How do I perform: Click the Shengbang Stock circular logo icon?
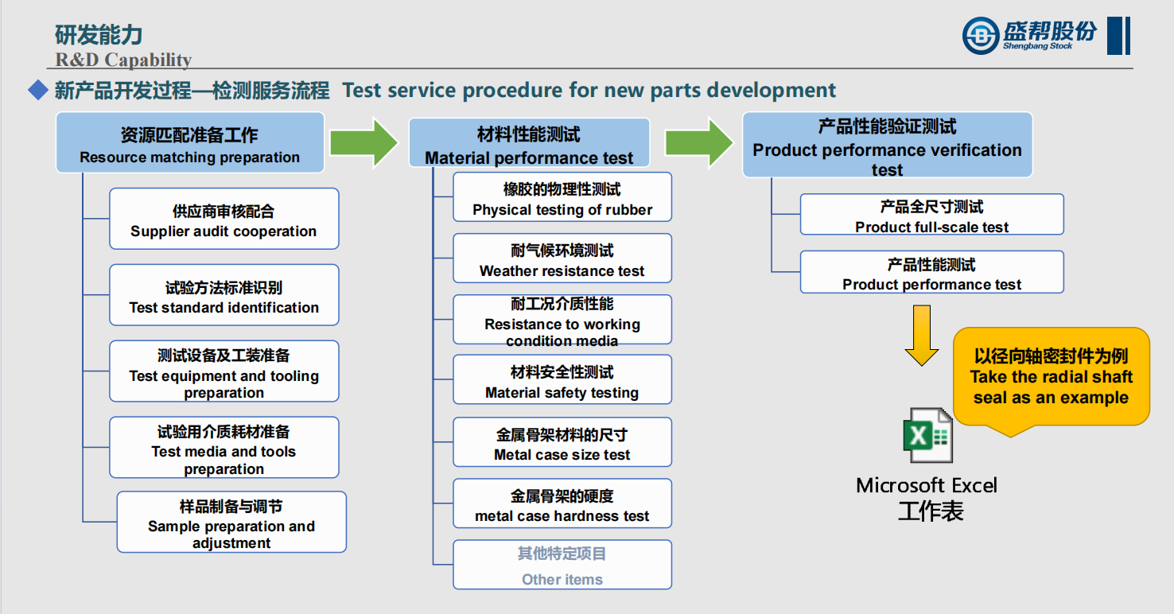[981, 36]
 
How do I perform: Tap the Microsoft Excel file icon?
[927, 435]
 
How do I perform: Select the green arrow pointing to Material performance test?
[363, 142]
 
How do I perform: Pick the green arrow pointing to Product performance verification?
[699, 142]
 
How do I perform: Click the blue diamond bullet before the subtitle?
[38, 90]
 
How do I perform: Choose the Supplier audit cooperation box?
[224, 220]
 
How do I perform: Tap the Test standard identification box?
[224, 296]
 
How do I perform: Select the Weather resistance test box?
[562, 258]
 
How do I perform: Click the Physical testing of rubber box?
[562, 197]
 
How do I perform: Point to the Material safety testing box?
[562, 380]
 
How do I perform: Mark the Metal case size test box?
[562, 442]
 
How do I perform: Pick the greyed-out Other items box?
[562, 565]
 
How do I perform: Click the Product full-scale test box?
[931, 215]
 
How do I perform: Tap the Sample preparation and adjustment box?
[231, 523]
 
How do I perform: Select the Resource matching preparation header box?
[189, 143]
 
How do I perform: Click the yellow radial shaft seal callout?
[1051, 376]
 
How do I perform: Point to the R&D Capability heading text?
[123, 60]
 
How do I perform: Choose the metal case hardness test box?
[562, 503]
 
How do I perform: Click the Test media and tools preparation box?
[224, 448]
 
